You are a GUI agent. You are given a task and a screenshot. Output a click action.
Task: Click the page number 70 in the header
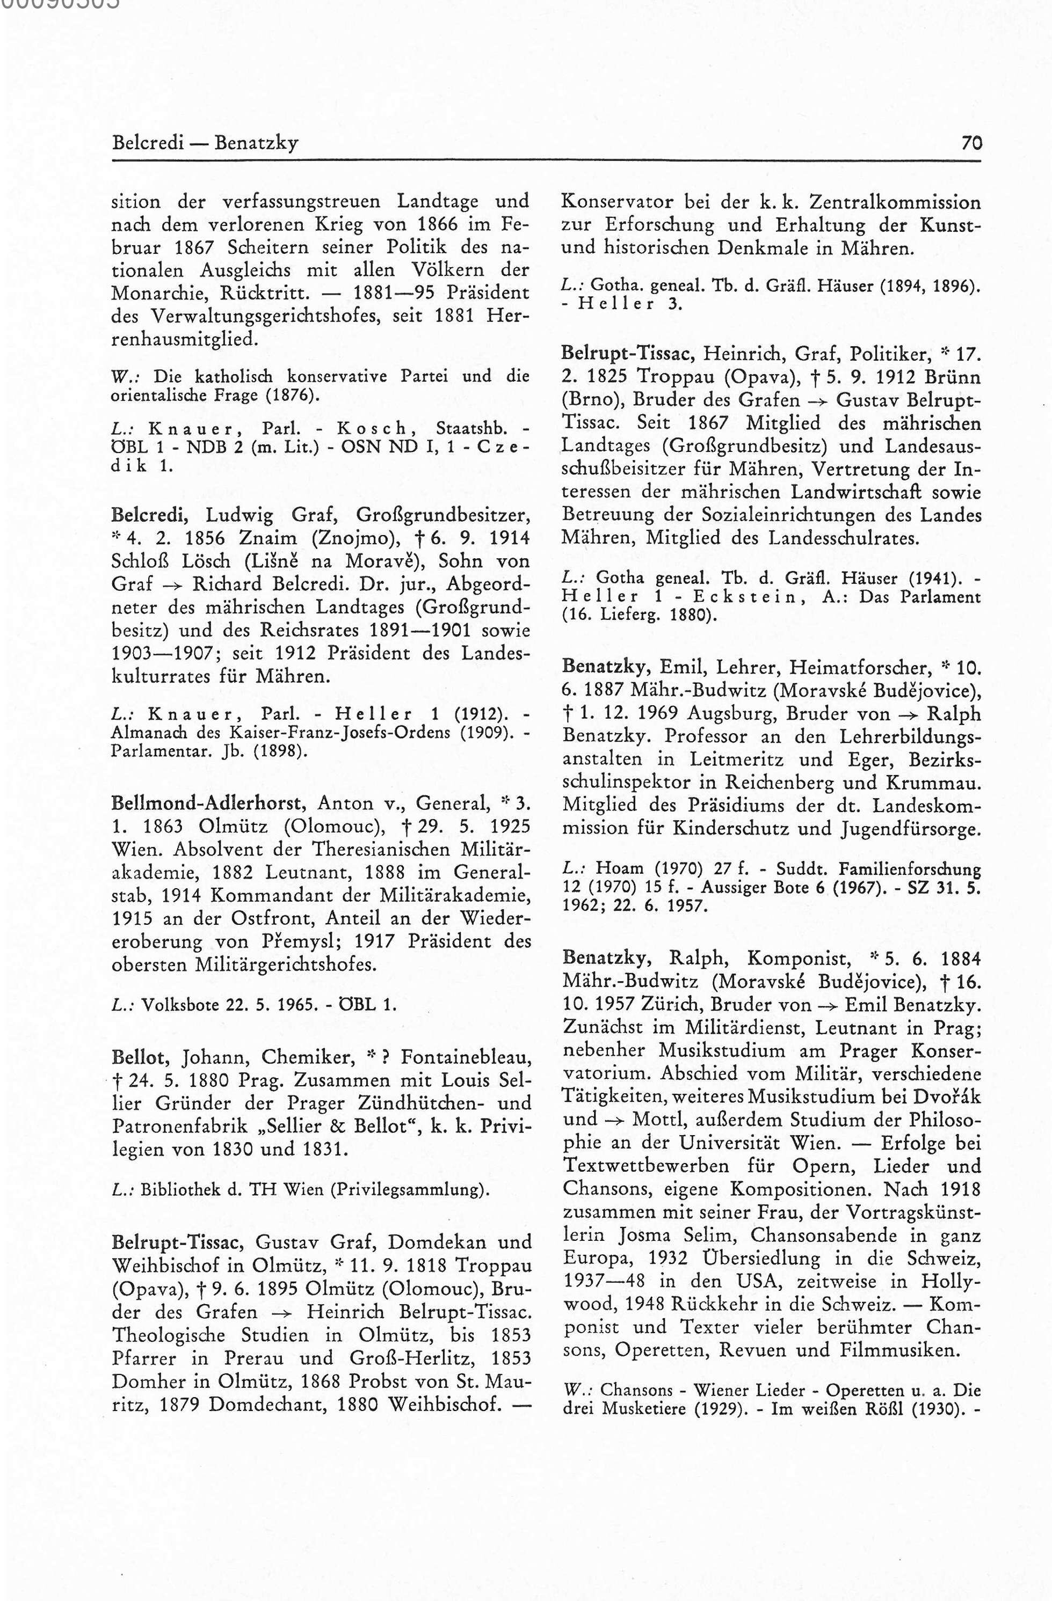[971, 143]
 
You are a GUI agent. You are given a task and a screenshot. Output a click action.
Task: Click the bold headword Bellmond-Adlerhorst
[209, 803]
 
